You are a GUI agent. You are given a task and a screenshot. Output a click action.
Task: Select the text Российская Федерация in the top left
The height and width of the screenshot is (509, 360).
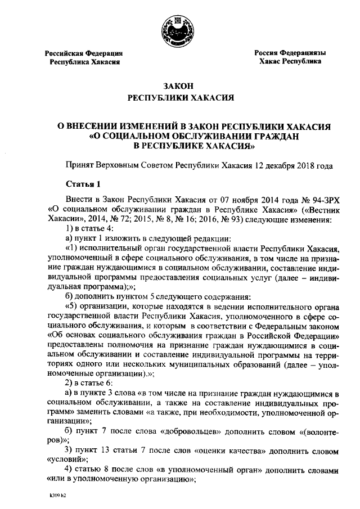point(84,53)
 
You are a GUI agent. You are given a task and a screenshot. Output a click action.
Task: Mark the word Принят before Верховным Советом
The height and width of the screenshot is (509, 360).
point(79,166)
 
